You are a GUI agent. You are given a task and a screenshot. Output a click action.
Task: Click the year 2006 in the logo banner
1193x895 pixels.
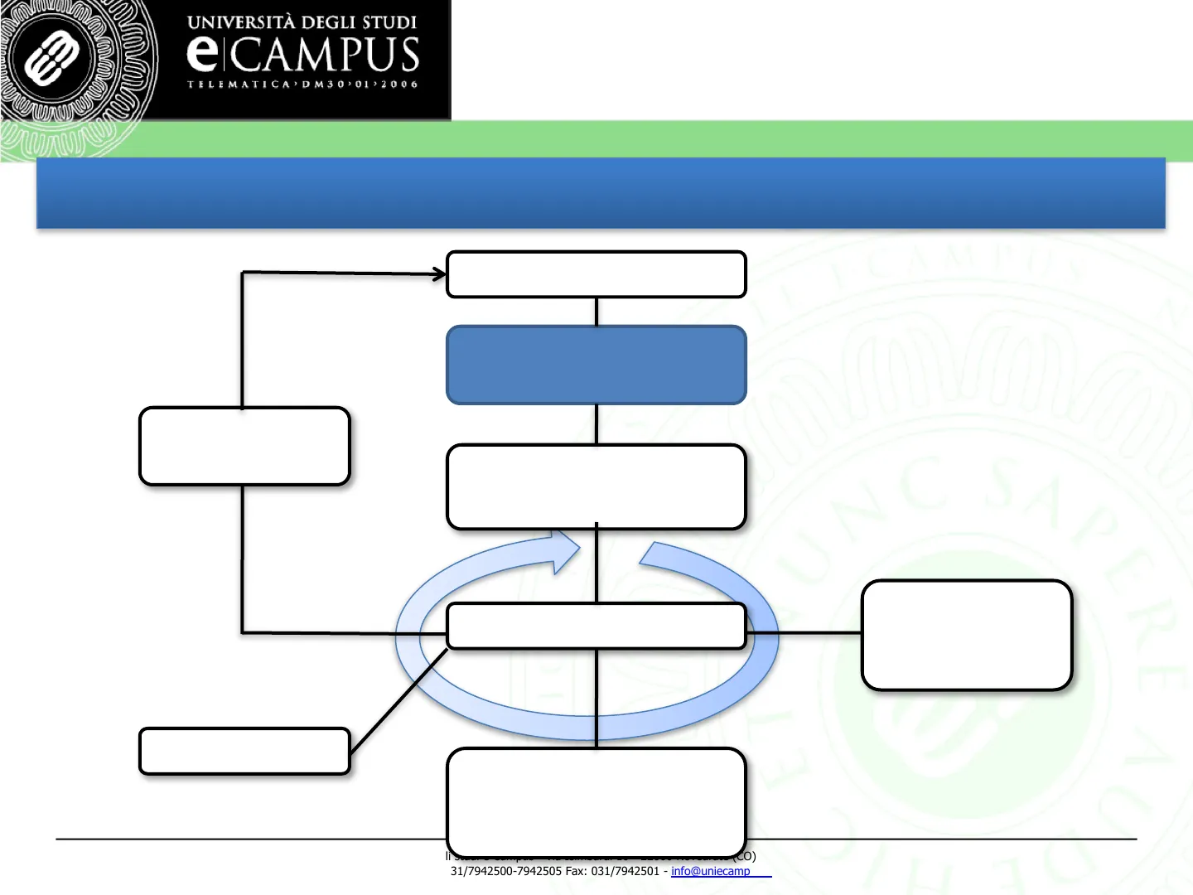(399, 84)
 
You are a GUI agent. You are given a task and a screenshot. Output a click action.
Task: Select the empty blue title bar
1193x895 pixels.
(601, 192)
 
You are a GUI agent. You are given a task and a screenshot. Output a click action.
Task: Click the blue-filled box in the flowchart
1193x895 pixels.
(596, 365)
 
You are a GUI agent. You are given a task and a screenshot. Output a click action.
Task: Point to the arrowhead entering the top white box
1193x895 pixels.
(440, 273)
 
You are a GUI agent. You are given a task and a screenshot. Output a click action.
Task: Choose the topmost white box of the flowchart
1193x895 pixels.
(596, 274)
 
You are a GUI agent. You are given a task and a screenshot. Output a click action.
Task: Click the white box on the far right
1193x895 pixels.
(967, 635)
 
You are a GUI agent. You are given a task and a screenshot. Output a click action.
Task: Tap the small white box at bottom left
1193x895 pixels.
(244, 751)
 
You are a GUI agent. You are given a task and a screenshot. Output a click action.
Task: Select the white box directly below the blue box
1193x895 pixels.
(596, 486)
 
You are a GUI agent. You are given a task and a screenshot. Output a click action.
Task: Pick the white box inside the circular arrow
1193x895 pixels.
(596, 626)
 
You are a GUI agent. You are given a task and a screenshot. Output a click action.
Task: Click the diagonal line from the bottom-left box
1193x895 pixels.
(398, 701)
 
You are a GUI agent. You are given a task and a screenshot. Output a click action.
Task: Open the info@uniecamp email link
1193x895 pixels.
(711, 871)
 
